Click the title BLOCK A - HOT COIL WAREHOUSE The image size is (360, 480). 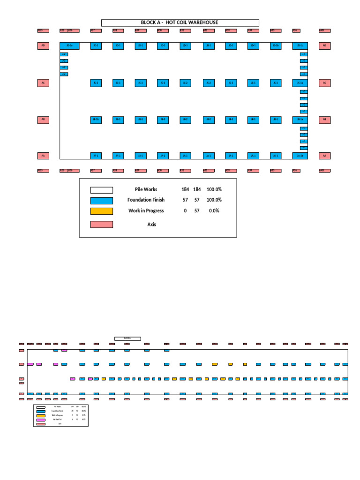point(180,22)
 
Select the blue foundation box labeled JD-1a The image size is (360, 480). point(69,46)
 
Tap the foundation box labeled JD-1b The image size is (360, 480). point(276,46)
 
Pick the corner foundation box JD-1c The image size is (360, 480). point(300,46)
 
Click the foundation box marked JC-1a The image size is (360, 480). point(300,83)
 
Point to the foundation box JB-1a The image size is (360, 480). point(300,120)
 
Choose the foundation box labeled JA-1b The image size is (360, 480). point(300,156)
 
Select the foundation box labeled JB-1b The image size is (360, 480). point(96,120)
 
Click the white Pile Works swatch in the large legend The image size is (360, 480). point(102,190)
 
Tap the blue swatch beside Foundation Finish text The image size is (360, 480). point(102,201)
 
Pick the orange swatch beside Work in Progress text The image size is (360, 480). point(102,211)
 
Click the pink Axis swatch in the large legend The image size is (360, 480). point(102,225)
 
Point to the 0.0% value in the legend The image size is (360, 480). point(213,211)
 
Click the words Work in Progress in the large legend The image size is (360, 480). point(146,211)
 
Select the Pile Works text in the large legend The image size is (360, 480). point(146,189)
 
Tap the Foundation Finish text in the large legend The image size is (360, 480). point(146,200)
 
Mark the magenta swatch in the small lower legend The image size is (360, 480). point(41,420)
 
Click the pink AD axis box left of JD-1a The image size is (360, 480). point(43,46)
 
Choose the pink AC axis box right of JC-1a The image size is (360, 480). point(324,83)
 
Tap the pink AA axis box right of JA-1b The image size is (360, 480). point(324,156)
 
